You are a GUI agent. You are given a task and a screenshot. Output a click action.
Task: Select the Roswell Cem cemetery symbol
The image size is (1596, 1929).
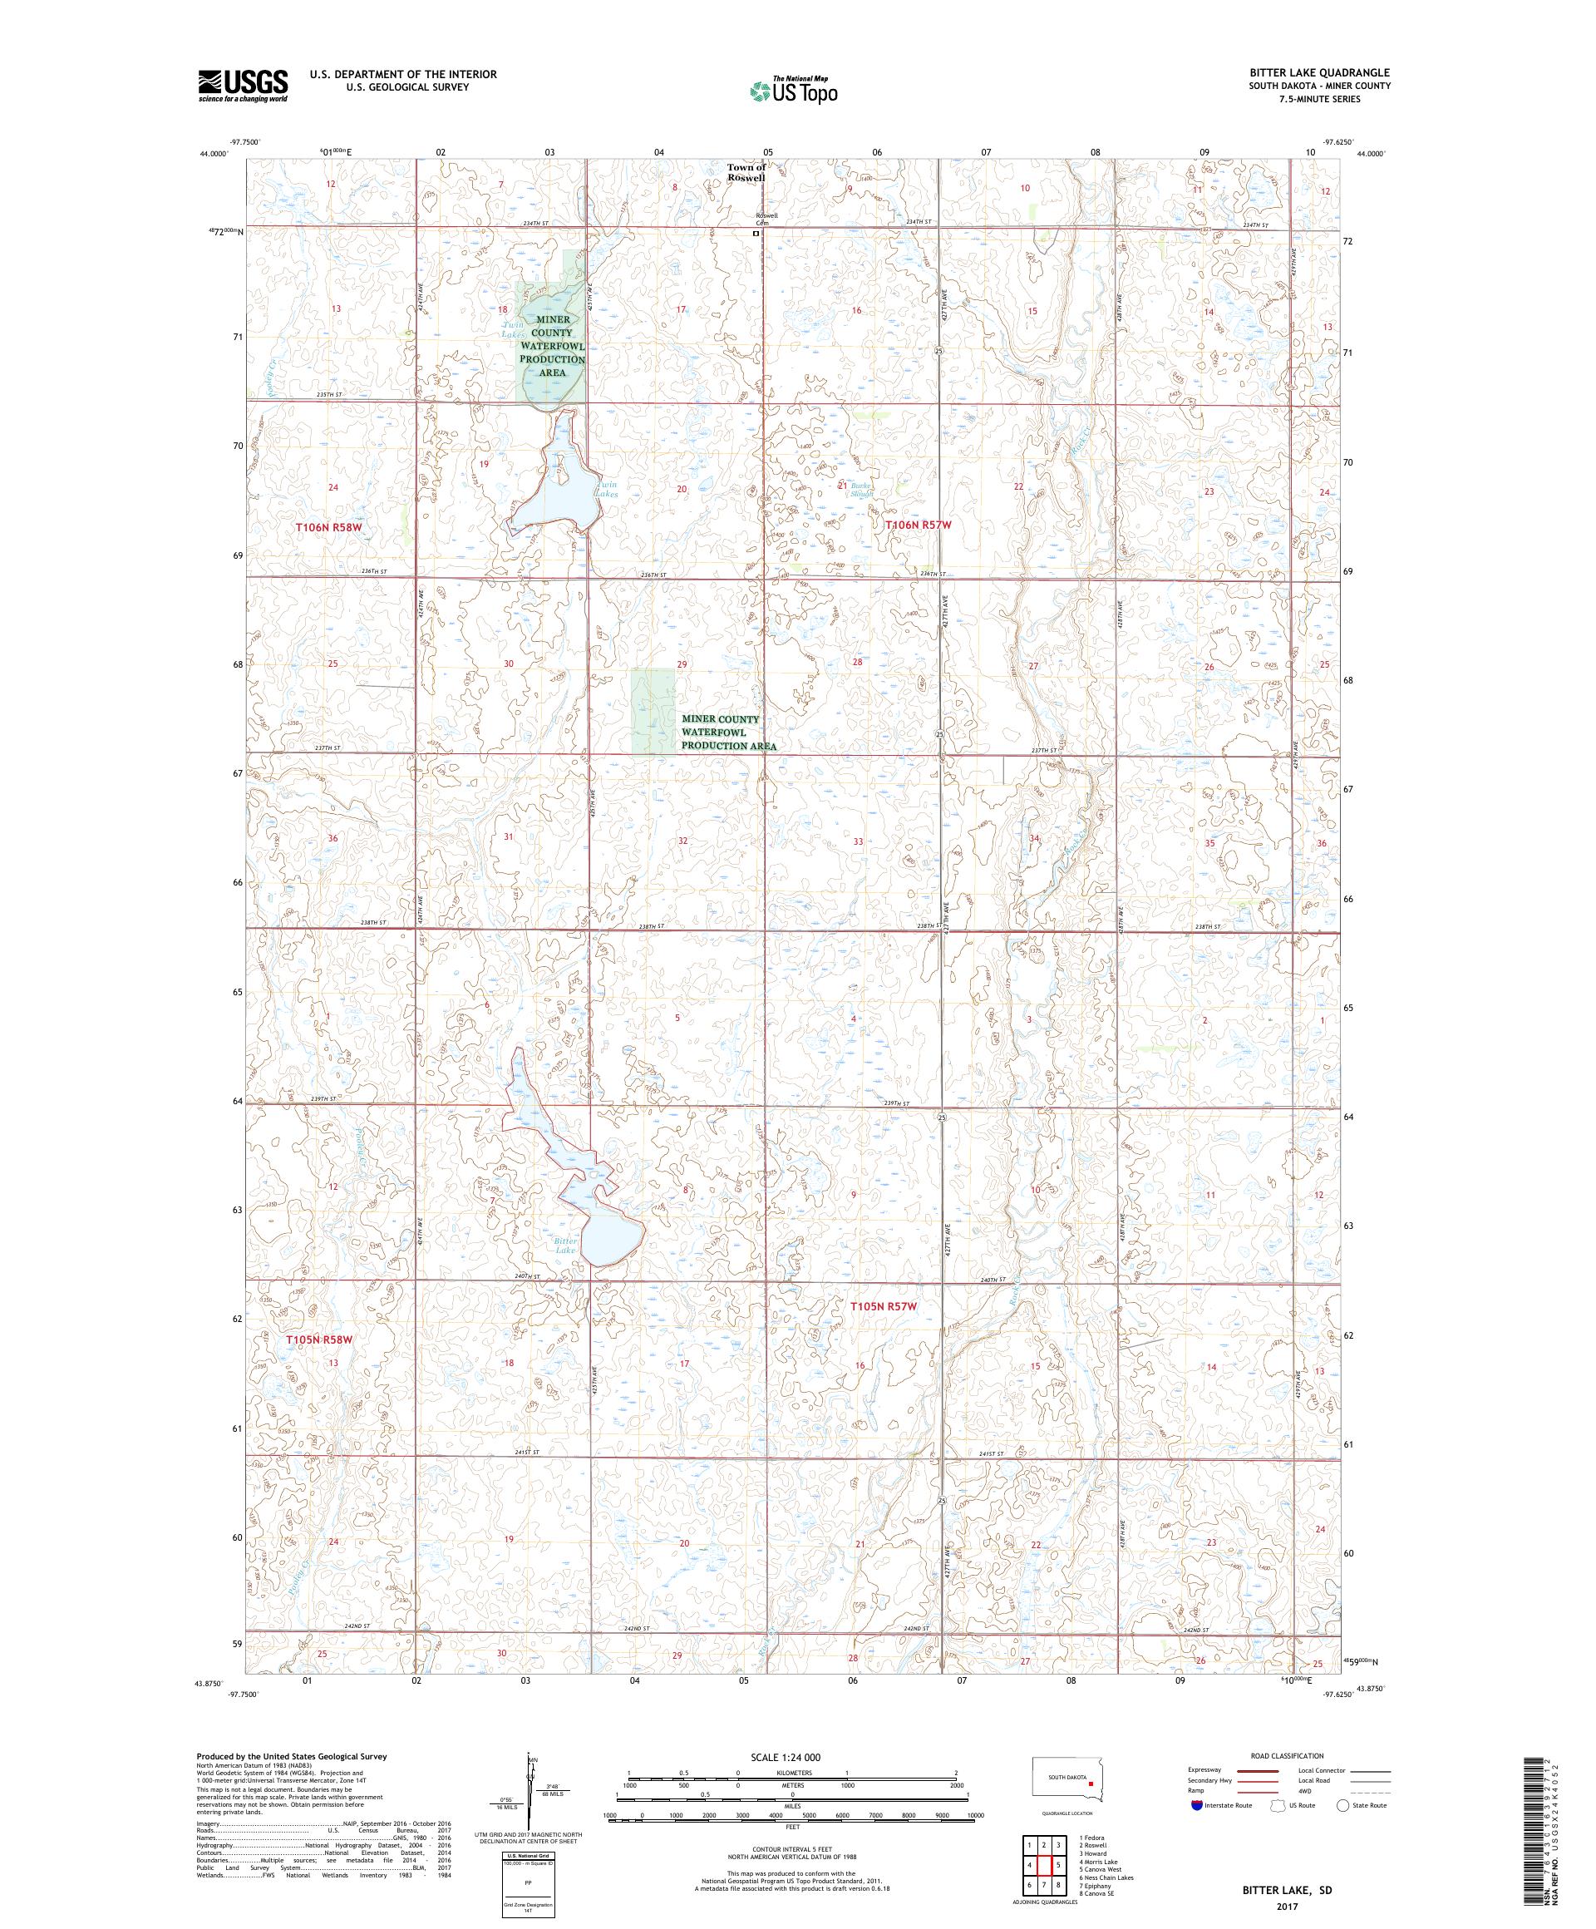pos(756,234)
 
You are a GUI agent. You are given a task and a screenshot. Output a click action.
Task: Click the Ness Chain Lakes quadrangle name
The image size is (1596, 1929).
pos(1108,1870)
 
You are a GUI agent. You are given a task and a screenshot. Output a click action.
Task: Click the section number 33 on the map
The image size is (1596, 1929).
pos(858,841)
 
